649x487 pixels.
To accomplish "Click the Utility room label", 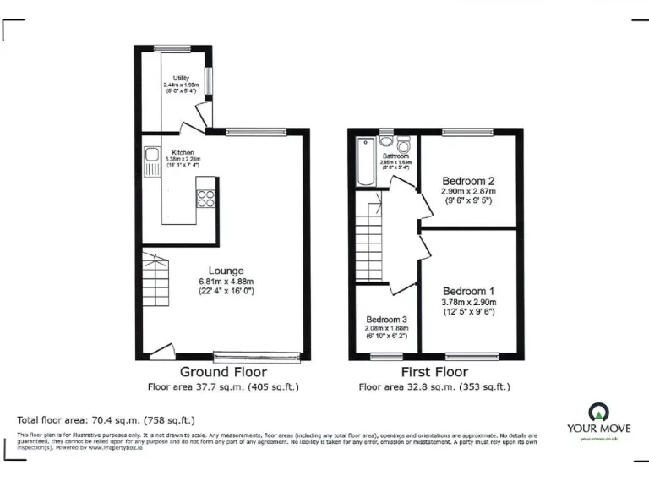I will [181, 79].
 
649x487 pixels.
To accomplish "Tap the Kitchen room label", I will [183, 152].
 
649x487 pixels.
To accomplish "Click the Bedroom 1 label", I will [468, 290].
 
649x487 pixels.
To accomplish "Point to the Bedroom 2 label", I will [468, 181].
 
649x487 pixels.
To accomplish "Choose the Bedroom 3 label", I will [386, 319].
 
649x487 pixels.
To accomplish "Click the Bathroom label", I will [395, 156].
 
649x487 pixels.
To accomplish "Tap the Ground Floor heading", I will [223, 372].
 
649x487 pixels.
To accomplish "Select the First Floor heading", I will [434, 372].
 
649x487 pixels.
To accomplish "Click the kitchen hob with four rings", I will [205, 199].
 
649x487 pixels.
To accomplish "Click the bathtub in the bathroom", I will [363, 161].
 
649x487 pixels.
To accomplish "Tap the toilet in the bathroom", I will [386, 141].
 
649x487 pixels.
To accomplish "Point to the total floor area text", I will [106, 419].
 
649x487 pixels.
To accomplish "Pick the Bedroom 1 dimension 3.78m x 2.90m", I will [469, 302].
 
